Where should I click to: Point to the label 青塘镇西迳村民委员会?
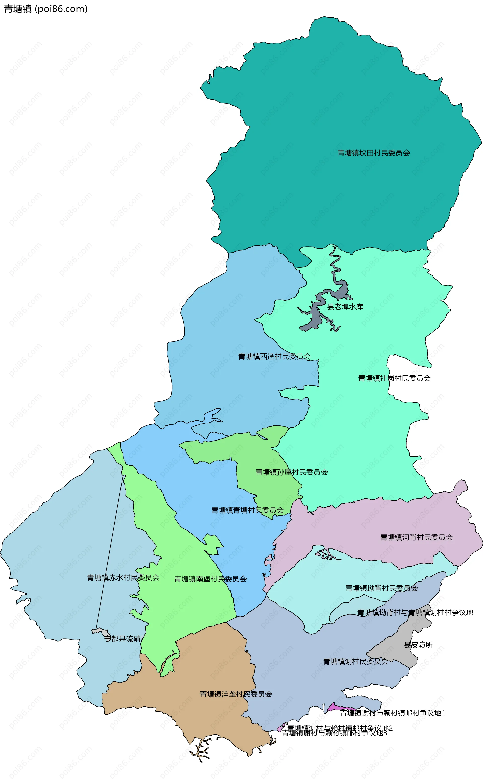[x=274, y=357]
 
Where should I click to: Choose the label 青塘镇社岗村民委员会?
[x=394, y=378]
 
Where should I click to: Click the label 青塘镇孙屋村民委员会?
[x=291, y=472]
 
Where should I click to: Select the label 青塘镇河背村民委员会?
[x=416, y=537]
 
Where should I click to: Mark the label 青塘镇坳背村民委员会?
[x=381, y=588]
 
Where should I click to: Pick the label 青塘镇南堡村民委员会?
[x=210, y=579]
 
